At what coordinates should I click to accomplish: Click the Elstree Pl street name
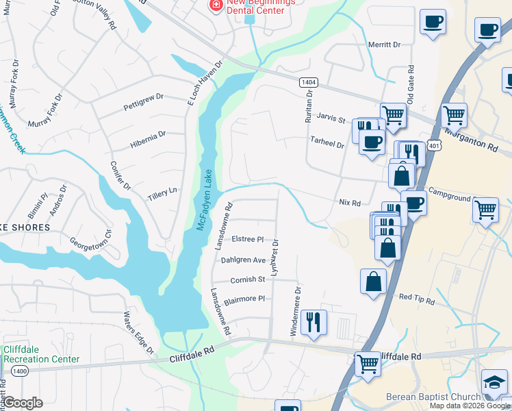248,239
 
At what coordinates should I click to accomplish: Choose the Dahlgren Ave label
243,260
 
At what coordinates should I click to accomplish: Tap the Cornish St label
247,279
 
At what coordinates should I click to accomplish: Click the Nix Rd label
349,203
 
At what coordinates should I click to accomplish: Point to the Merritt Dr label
383,45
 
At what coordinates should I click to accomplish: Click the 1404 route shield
307,82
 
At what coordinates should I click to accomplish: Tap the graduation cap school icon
495,383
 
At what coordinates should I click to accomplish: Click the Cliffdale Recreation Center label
41,354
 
